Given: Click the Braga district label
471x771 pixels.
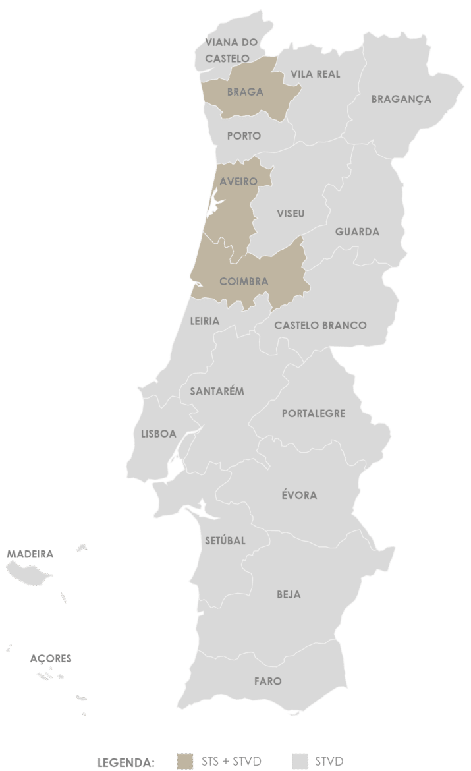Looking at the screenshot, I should click(245, 92).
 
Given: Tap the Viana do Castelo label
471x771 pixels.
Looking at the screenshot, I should click(231, 50).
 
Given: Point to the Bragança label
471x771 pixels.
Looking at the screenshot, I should click(401, 99).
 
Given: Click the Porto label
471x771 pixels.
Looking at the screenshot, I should click(244, 136).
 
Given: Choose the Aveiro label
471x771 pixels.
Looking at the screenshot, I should click(238, 181).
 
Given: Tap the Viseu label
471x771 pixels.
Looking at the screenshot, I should click(291, 214).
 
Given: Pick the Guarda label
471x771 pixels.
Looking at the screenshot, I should click(357, 232).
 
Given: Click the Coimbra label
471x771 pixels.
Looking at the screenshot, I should click(244, 281).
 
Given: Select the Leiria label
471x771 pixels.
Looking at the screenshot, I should click(204, 321).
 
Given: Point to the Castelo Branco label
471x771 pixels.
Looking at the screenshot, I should click(320, 325).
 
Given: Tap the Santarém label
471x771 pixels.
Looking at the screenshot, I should click(217, 391).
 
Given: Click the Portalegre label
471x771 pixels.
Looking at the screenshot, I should click(314, 414).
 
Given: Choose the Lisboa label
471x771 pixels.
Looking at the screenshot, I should click(159, 434).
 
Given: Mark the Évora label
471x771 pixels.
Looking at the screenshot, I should click(300, 495).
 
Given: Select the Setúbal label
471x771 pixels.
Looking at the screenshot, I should click(225, 540).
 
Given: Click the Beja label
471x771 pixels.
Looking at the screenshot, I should click(289, 594).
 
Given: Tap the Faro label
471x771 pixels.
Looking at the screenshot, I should click(267, 681).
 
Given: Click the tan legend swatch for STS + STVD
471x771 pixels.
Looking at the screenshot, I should click(186, 760).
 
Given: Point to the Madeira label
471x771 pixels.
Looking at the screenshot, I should click(30, 554).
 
